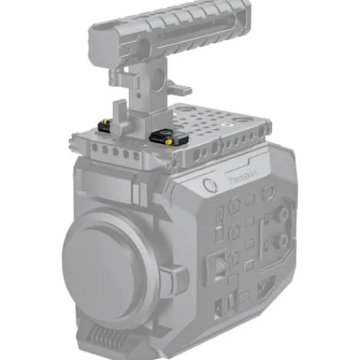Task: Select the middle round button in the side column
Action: coord(234,232)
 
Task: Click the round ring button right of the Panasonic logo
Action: coord(268,192)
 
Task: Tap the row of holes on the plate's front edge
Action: coord(114,152)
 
